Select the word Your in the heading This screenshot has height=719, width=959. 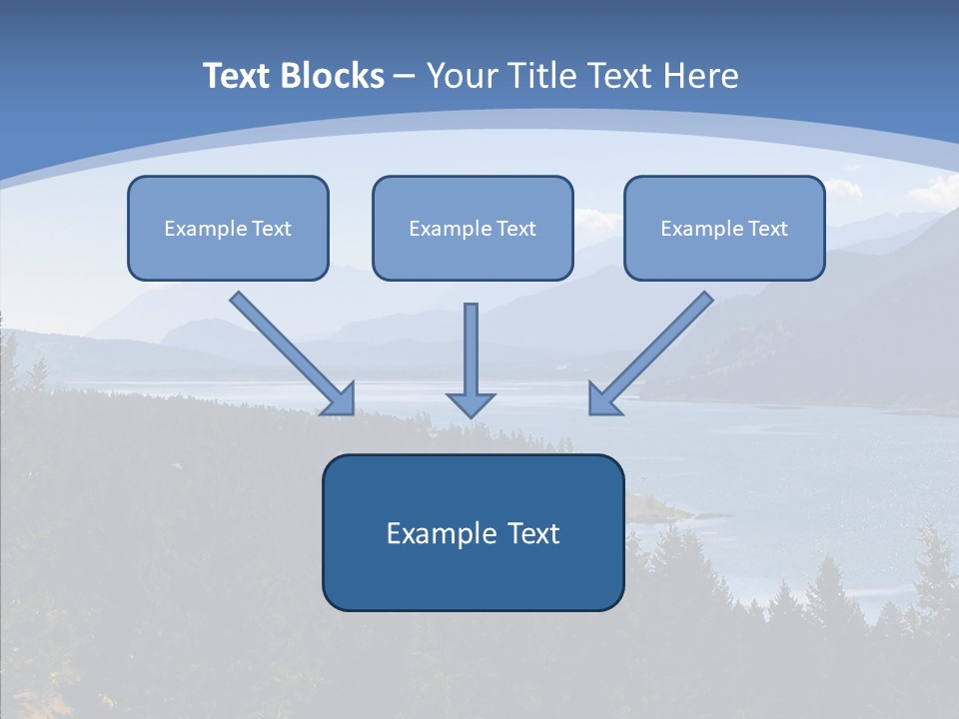(463, 76)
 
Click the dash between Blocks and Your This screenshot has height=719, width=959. (405, 77)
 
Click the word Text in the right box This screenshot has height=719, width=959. (767, 229)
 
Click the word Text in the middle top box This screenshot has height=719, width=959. (515, 229)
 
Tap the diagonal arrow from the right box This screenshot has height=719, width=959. (660, 346)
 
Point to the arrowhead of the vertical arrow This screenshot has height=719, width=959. (471, 403)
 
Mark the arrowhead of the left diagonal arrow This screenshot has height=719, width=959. (341, 400)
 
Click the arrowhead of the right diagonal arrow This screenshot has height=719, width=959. (602, 400)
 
